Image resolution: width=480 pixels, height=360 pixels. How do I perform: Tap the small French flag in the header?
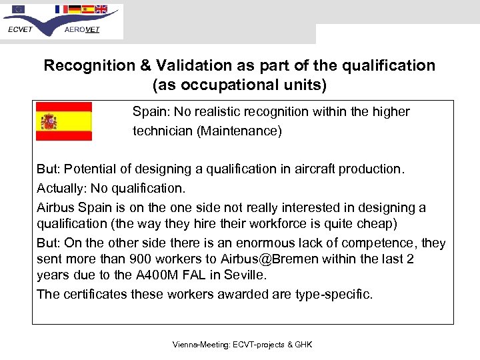pyautogui.click(x=61, y=9)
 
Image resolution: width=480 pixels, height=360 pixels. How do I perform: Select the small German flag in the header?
pyautogui.click(x=75, y=9)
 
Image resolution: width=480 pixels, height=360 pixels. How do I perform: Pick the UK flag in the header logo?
pyautogui.click(x=101, y=9)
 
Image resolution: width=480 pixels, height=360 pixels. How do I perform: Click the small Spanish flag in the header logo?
pyautogui.click(x=87, y=9)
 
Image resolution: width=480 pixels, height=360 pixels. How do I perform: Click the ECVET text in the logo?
pyautogui.click(x=21, y=30)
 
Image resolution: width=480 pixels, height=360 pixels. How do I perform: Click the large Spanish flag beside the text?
pyautogui.click(x=63, y=121)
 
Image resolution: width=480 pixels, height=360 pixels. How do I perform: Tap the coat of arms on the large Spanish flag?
pyautogui.click(x=49, y=121)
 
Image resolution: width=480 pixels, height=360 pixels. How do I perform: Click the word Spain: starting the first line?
pyautogui.click(x=149, y=111)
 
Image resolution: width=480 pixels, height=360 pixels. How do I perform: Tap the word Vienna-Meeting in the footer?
pyautogui.click(x=199, y=345)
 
